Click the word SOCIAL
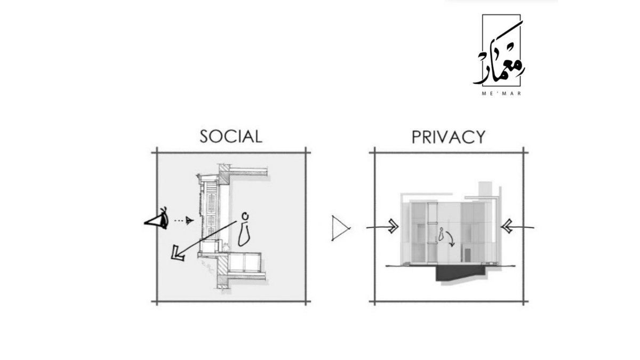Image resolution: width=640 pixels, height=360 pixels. pos(231,136)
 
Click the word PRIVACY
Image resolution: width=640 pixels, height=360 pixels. pos(448,137)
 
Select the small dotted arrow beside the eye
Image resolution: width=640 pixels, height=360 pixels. pos(184,220)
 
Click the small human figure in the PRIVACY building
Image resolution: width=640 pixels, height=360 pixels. pos(441,235)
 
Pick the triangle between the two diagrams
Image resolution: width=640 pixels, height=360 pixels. pos(339,228)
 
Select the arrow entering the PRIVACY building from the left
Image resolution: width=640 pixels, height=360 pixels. pos(384,227)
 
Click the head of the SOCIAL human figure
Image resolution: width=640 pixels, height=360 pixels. pos(245,216)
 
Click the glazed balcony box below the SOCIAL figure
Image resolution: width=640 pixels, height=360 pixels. pos(243,262)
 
